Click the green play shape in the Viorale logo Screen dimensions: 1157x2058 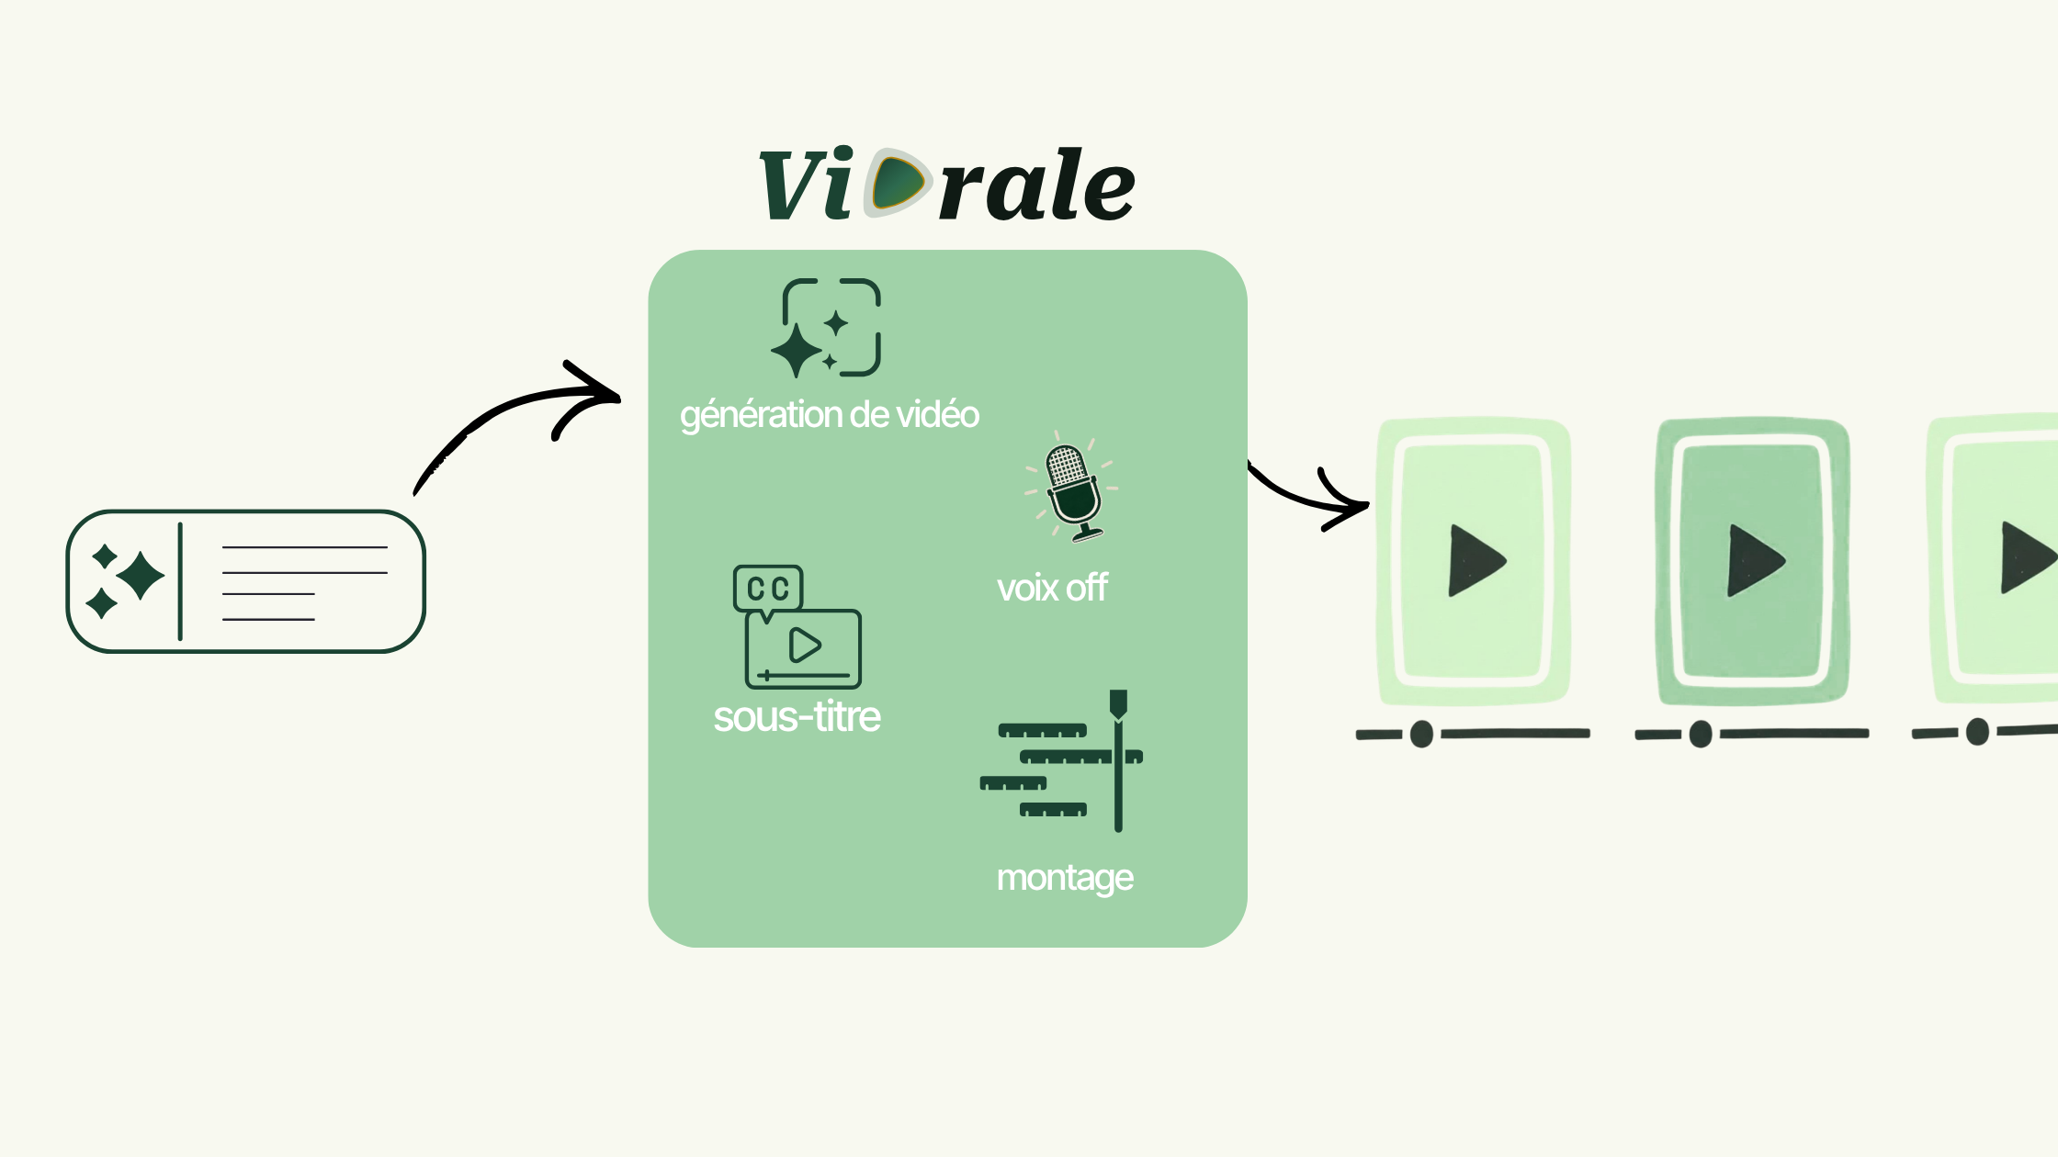pyautogui.click(x=897, y=183)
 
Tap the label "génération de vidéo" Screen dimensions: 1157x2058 pyautogui.click(x=829, y=415)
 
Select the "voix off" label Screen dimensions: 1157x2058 pyautogui.click(x=1052, y=588)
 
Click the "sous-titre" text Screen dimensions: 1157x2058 pyautogui.click(x=797, y=717)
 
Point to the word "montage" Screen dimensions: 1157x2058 pyautogui.click(x=1065, y=878)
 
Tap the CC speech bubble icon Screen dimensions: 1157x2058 pyautogui.click(x=768, y=589)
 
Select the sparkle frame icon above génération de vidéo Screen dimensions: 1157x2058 pyautogui.click(x=827, y=328)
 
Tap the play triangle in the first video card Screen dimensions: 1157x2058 pyautogui.click(x=1473, y=560)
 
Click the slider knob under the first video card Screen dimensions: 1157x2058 pyautogui.click(x=1421, y=734)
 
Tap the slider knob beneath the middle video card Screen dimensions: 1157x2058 pyautogui.click(x=1701, y=734)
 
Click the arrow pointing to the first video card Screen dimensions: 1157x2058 pyautogui.click(x=1309, y=496)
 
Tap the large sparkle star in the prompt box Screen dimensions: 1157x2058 pyautogui.click(x=141, y=576)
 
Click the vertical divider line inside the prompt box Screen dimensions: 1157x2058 pyautogui.click(x=180, y=581)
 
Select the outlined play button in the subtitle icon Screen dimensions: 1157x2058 pyautogui.click(x=805, y=645)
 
